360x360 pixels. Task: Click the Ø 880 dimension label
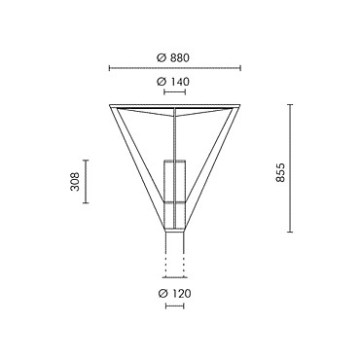172,57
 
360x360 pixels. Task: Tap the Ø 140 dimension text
173,82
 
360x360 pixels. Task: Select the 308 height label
75,181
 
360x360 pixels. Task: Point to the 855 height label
281,172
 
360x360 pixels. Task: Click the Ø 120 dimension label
175,294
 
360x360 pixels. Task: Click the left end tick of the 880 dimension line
109,68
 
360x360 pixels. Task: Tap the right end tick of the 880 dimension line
240,68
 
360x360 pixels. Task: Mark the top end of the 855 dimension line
290,104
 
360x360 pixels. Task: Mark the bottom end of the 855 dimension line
290,232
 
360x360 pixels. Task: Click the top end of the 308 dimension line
86,161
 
